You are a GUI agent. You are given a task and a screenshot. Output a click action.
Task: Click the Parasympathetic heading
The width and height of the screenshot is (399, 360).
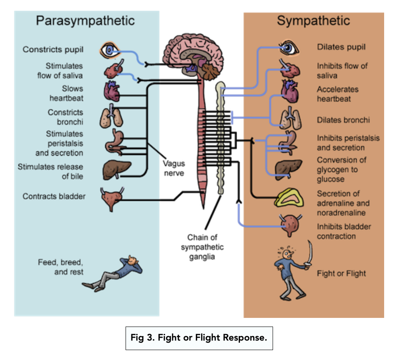click(x=85, y=21)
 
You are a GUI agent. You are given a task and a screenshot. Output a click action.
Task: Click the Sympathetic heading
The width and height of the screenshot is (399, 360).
click(x=313, y=21)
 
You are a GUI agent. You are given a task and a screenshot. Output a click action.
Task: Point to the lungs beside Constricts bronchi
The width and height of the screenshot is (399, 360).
click(x=110, y=117)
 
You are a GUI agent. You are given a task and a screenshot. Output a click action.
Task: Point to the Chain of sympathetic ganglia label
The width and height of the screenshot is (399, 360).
click(x=202, y=247)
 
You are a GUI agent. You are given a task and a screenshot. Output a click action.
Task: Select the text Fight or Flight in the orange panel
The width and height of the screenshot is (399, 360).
click(x=341, y=273)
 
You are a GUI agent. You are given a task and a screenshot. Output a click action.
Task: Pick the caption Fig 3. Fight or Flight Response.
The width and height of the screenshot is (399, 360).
click(x=199, y=338)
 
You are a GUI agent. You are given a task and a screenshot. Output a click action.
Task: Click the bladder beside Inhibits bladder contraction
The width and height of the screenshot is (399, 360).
click(x=289, y=223)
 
